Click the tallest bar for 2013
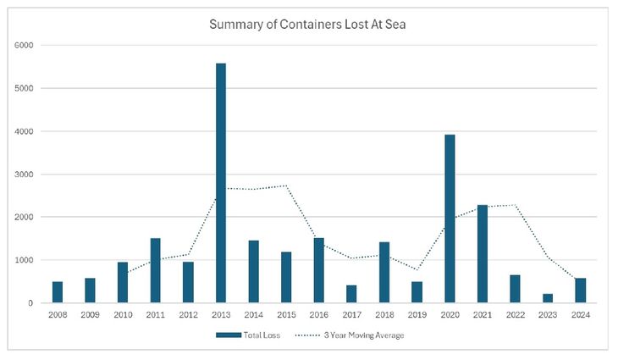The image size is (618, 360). coord(221,183)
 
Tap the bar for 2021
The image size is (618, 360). coord(483,254)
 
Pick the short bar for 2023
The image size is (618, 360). coord(548,298)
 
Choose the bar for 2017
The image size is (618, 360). coord(351,294)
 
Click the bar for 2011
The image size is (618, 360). coord(156,270)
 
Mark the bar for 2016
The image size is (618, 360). coord(319,270)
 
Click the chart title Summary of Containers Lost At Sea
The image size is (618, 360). coord(308,24)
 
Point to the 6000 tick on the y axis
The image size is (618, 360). coord(25,45)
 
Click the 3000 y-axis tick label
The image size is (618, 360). coord(25,174)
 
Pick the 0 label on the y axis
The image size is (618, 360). coord(31,303)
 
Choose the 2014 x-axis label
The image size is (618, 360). coord(254,315)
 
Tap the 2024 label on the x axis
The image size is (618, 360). coord(581,315)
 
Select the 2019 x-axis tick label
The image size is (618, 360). coord(417,315)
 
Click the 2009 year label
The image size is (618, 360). coord(91,315)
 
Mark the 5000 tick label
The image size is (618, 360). coord(25,88)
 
